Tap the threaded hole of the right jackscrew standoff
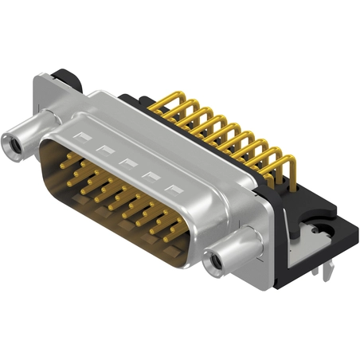213,262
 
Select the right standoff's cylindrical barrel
231,250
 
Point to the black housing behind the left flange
65,80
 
